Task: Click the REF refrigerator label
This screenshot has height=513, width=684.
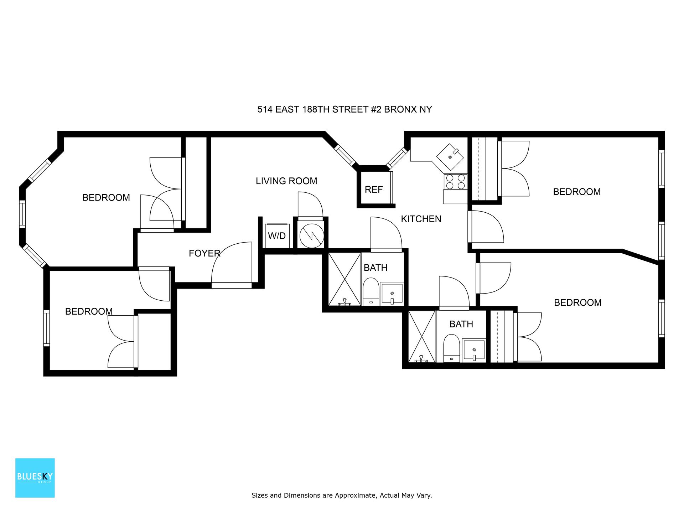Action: [x=373, y=190]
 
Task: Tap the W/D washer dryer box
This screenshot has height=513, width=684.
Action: [x=277, y=235]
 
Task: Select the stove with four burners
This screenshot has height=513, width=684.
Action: [x=455, y=182]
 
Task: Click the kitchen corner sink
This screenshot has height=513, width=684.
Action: [x=450, y=157]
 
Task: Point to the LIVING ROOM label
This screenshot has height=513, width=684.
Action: [x=286, y=181]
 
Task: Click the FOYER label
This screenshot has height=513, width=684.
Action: [x=204, y=253]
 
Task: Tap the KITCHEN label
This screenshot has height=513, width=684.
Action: [x=421, y=219]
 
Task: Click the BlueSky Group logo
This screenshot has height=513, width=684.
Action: [x=35, y=478]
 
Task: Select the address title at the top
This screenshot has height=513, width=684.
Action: [x=344, y=109]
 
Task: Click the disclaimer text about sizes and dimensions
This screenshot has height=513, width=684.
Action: [x=342, y=495]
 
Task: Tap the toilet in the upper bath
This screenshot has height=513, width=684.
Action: [x=371, y=292]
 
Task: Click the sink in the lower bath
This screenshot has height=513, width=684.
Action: [x=474, y=350]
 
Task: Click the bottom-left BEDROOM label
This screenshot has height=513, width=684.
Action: [x=89, y=311]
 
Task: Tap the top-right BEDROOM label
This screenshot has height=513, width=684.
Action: [x=577, y=192]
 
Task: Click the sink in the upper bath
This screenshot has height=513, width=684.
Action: [x=392, y=294]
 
